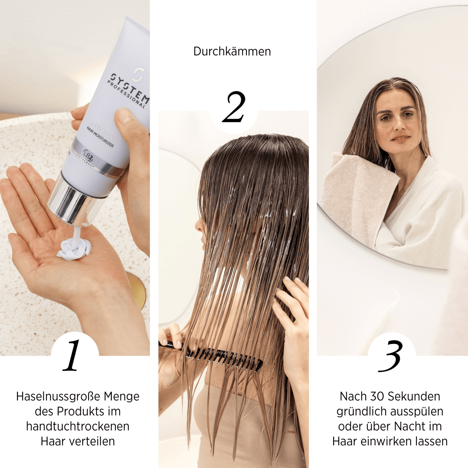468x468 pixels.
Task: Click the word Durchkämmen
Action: (232, 51)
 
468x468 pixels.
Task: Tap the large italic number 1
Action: (72, 356)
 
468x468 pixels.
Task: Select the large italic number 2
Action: (234, 107)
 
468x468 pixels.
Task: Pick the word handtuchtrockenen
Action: (78, 426)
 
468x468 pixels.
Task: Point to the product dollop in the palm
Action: (75, 248)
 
